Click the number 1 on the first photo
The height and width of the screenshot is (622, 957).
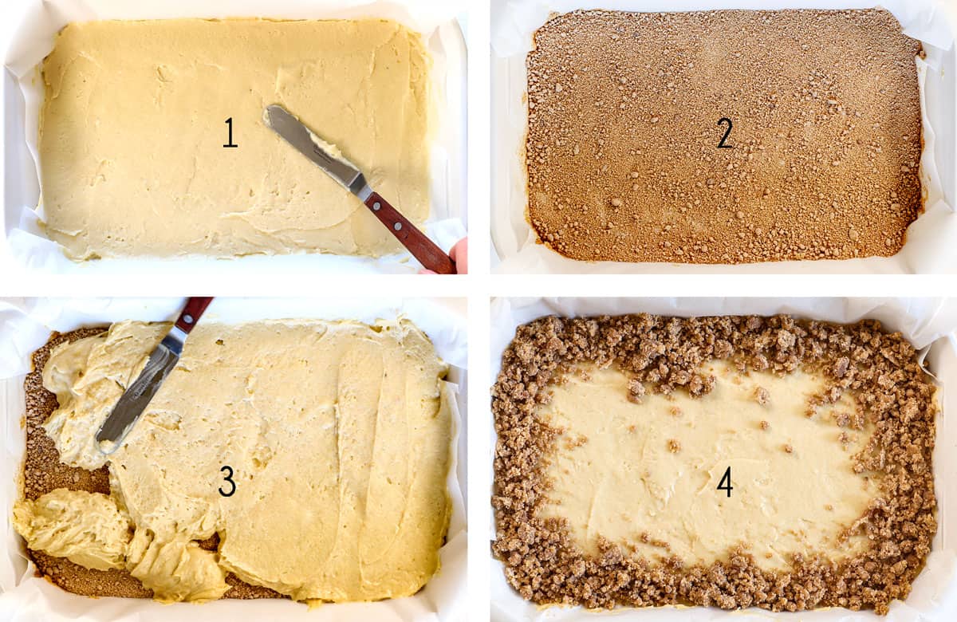(x=230, y=133)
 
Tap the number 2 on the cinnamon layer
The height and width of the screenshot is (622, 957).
(x=724, y=133)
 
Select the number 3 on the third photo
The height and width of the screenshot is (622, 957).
(x=227, y=481)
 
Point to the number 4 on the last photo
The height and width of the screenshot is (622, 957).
(x=724, y=481)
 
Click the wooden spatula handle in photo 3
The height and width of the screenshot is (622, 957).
(x=194, y=313)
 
